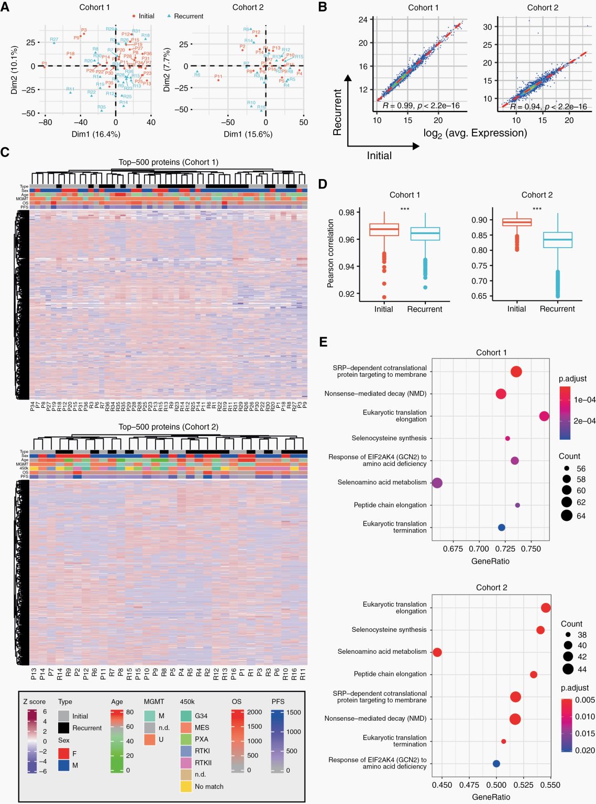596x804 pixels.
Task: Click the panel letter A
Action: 5,7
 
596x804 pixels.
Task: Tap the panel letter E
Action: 323,342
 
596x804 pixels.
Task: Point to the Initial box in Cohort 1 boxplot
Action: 384,229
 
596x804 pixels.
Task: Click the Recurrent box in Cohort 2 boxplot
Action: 557,240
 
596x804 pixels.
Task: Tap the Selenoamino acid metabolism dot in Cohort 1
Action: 437,483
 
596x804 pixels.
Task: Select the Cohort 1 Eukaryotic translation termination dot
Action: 501,527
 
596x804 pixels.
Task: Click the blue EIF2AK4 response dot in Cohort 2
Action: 496,764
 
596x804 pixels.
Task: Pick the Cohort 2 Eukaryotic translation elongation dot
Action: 546,608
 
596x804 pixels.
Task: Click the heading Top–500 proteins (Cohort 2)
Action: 168,427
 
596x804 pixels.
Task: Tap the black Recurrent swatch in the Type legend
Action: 64,728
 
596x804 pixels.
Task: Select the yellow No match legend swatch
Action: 186,786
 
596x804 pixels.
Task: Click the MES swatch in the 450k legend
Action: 186,728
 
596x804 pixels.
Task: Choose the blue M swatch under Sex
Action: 64,765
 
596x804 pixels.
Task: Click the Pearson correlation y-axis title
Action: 330,253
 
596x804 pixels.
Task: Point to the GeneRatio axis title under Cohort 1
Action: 490,561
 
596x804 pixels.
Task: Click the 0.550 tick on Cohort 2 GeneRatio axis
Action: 550,785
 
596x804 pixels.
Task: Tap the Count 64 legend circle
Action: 566,516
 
